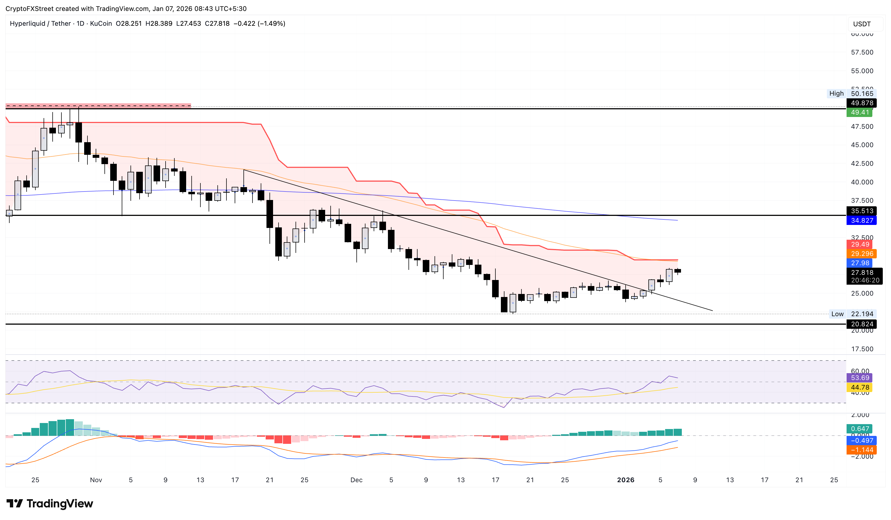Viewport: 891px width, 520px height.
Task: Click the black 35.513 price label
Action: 861,211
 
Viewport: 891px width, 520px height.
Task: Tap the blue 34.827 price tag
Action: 861,221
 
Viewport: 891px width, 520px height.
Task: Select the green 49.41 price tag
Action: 859,112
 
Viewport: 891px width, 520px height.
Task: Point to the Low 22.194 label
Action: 852,314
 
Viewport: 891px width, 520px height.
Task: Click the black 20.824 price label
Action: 861,324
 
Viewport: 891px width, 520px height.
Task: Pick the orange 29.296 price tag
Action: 861,254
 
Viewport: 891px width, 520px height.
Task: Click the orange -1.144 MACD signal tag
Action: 861,450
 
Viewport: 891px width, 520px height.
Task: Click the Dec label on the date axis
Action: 356,480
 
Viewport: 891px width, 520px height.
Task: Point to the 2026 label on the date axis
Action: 625,480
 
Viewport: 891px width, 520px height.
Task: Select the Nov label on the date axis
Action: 96,480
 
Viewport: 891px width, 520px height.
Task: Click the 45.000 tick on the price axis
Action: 862,145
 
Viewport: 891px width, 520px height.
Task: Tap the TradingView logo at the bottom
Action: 50,503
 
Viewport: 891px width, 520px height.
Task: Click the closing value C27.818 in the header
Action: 217,24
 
